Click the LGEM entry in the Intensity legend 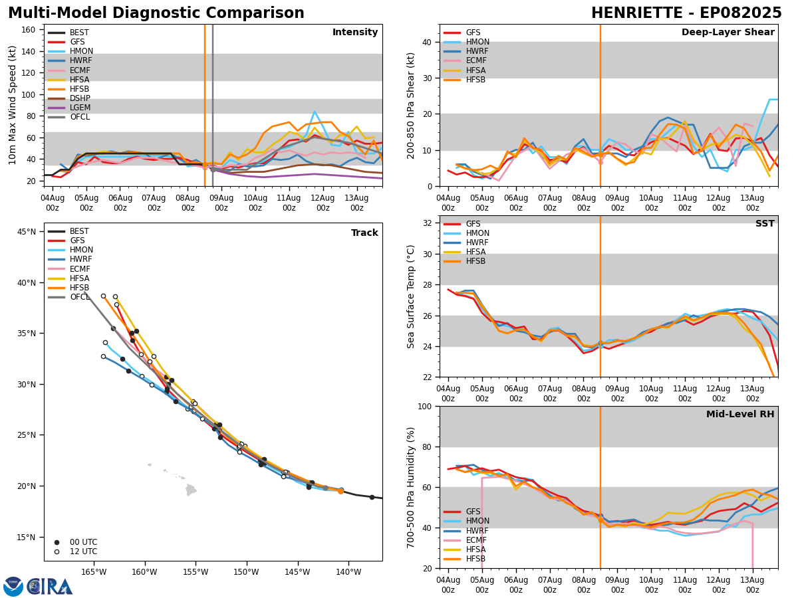(x=80, y=108)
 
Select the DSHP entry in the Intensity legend (x=80, y=98)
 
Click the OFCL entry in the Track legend (x=80, y=297)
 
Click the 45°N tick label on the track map (x=27, y=232)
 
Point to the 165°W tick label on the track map (x=94, y=573)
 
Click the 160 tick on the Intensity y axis (x=30, y=29)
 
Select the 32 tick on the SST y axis (x=428, y=223)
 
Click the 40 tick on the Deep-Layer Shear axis (x=428, y=42)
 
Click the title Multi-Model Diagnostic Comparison (x=156, y=13)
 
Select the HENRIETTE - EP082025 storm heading (x=686, y=13)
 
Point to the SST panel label (x=764, y=224)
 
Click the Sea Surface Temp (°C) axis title (x=412, y=296)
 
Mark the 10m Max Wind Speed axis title (x=12, y=106)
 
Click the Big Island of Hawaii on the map (x=191, y=490)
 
